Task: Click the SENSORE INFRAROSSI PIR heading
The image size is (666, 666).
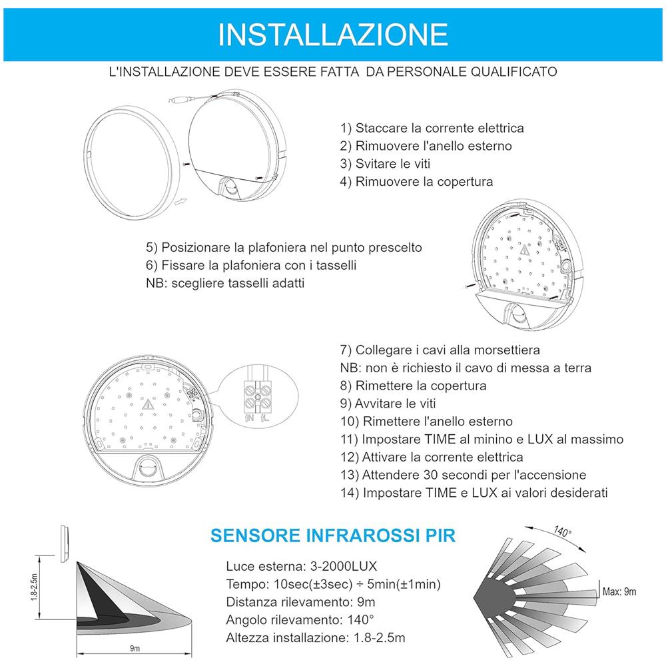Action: coord(333,535)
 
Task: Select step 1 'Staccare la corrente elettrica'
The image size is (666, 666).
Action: coord(432,128)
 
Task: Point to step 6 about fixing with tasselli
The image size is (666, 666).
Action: coord(251,265)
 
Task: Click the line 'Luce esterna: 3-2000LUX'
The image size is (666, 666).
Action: coord(302,567)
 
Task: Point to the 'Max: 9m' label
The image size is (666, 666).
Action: coord(619,591)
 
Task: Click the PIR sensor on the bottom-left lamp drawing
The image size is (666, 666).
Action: coord(148,469)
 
